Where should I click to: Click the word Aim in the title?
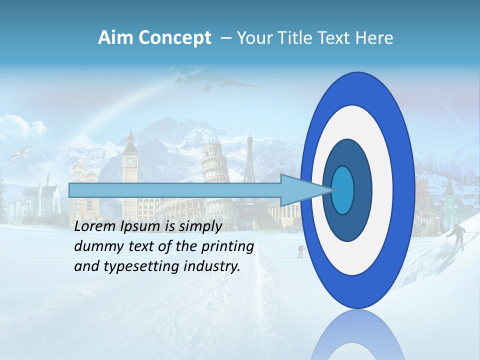pyautogui.click(x=116, y=38)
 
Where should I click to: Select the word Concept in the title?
pyautogui.click(x=175, y=38)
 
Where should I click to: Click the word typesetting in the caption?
pyautogui.click(x=131, y=266)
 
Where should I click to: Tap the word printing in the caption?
pyautogui.click(x=228, y=246)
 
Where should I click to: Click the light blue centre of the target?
pyautogui.click(x=342, y=190)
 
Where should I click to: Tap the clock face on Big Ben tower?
pyautogui.click(x=130, y=161)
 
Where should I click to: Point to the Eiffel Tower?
pyautogui.click(x=249, y=160)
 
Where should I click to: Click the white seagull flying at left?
pyautogui.click(x=21, y=153)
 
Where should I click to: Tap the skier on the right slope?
pyautogui.click(x=456, y=234)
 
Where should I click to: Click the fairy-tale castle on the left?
pyautogui.click(x=37, y=197)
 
